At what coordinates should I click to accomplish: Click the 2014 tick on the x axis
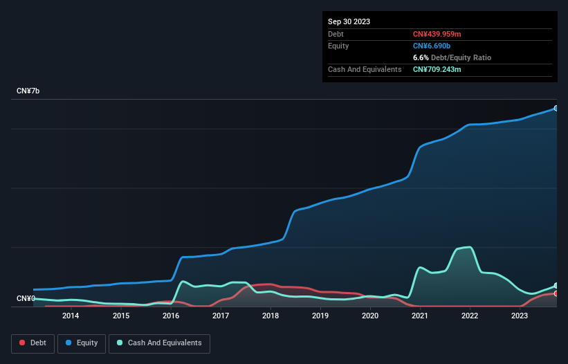(71, 316)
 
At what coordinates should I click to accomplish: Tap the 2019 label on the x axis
(320, 316)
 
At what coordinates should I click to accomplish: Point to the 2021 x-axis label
(420, 316)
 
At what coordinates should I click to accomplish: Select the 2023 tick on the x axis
(520, 316)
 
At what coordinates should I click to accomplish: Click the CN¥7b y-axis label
(28, 91)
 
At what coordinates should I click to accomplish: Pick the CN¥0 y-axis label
(25, 299)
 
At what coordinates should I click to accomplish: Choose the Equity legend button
(82, 343)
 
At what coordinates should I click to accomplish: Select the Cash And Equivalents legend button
(159, 343)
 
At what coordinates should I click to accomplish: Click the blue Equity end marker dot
(556, 109)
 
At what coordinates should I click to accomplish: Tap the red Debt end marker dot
(556, 293)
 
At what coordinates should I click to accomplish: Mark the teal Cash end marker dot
(556, 286)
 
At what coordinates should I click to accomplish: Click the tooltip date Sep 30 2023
(349, 21)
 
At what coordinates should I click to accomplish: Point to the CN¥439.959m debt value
(437, 34)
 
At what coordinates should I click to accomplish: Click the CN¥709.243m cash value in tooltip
(437, 69)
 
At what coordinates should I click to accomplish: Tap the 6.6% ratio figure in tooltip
(421, 57)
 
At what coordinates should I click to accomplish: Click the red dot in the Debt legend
(22, 343)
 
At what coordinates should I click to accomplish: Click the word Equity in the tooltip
(338, 46)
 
